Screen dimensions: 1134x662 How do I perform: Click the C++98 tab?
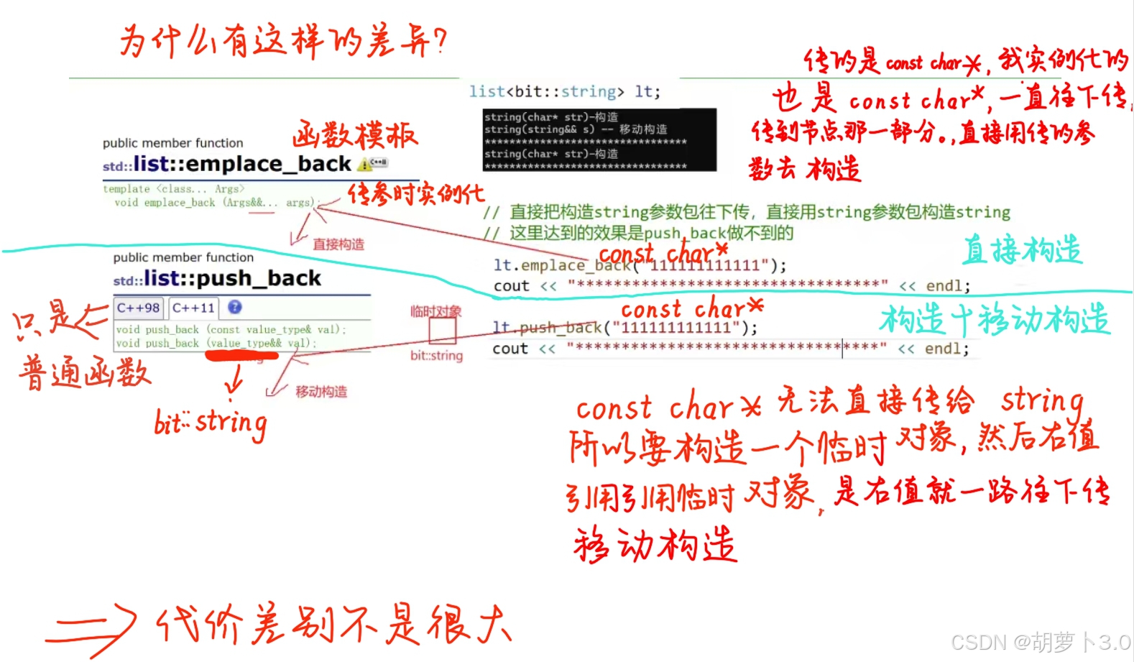point(138,308)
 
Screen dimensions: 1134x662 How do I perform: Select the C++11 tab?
point(193,308)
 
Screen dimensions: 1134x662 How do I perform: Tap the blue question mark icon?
point(235,308)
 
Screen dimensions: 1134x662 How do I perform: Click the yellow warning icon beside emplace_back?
point(366,165)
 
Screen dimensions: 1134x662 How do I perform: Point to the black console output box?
point(599,139)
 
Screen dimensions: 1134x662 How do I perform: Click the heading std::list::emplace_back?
point(227,165)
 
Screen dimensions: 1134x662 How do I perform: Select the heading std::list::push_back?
point(217,278)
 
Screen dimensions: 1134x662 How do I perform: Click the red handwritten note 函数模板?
point(354,135)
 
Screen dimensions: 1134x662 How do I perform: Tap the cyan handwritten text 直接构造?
point(1022,249)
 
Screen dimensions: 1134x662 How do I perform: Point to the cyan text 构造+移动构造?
point(995,319)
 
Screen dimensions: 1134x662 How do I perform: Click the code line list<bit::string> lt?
point(564,91)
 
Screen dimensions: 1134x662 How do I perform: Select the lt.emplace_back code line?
point(640,265)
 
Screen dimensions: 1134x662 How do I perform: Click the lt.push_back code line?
point(624,328)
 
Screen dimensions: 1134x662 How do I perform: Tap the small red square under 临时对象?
point(443,331)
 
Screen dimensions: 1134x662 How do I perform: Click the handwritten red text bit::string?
point(211,423)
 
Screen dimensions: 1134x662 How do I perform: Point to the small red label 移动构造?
point(321,392)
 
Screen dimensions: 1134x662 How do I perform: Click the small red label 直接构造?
point(338,244)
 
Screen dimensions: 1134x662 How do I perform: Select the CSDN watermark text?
point(1040,642)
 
